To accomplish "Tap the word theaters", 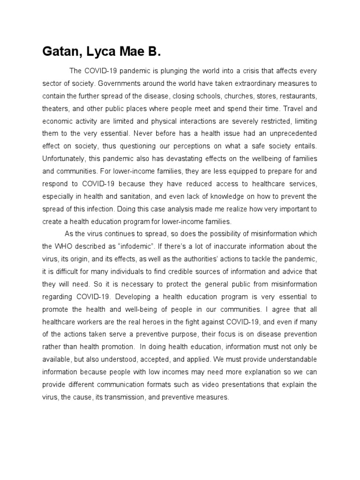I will coord(56,109).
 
